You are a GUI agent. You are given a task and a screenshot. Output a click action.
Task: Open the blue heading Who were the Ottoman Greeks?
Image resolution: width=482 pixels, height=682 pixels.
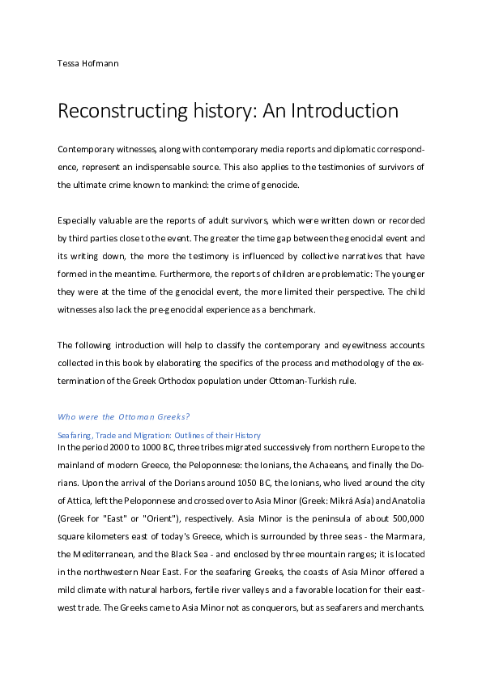(124, 417)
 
